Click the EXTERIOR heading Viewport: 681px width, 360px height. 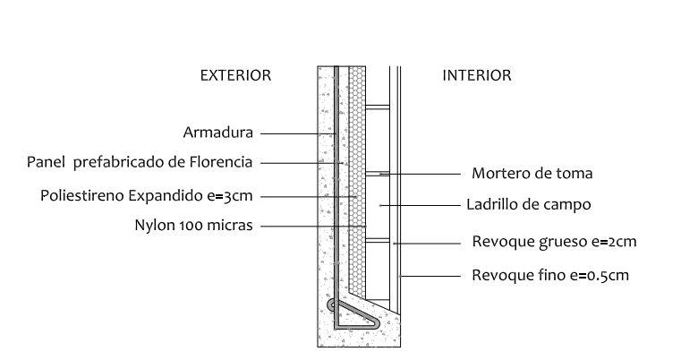coord(234,76)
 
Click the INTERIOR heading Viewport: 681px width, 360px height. coord(477,76)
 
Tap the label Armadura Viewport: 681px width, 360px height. coord(218,133)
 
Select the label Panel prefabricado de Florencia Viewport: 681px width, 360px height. coord(140,162)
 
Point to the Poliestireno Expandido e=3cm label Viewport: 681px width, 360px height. coord(148,195)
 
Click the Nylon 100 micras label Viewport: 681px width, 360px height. coord(192,226)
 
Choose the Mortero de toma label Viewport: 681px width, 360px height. coord(532,173)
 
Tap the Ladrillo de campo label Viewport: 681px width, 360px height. coord(529,204)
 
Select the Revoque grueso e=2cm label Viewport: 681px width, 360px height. coord(554,242)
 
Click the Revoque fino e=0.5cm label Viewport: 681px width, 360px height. coord(550,275)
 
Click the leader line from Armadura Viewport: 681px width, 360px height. coord(291,133)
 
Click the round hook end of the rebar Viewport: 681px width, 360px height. coord(333,305)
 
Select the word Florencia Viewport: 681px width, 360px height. coord(223,162)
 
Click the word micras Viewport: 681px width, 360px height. coord(232,226)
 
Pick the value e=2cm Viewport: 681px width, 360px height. coord(615,242)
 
